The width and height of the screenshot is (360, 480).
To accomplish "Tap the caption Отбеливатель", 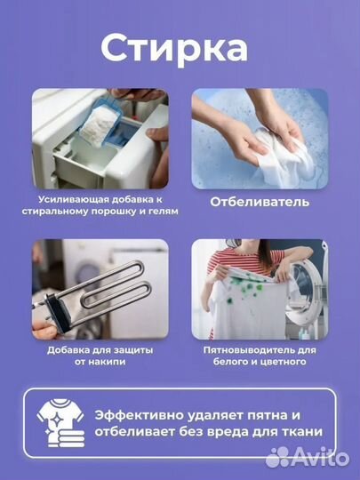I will coord(260,202).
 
